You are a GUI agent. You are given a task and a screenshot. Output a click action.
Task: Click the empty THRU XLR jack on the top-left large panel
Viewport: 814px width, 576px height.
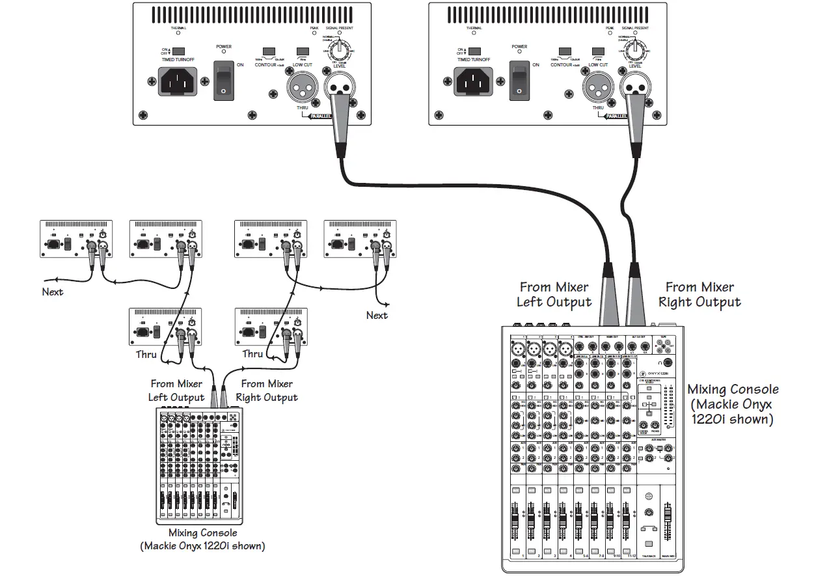(301, 85)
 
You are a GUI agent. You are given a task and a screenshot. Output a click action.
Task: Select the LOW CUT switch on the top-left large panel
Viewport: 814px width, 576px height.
(302, 51)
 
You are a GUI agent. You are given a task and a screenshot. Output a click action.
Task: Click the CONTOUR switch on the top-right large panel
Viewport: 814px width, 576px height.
(565, 51)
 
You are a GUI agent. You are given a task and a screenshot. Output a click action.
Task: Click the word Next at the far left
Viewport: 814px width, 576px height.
(53, 292)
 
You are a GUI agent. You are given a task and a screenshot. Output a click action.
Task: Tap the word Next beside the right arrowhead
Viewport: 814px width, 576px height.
(377, 316)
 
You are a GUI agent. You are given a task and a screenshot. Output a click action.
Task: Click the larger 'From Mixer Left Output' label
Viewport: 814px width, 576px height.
(554, 294)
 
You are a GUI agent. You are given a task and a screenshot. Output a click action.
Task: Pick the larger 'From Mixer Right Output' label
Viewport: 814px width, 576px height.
(699, 294)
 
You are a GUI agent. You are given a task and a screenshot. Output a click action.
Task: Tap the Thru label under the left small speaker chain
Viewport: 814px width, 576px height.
(146, 355)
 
